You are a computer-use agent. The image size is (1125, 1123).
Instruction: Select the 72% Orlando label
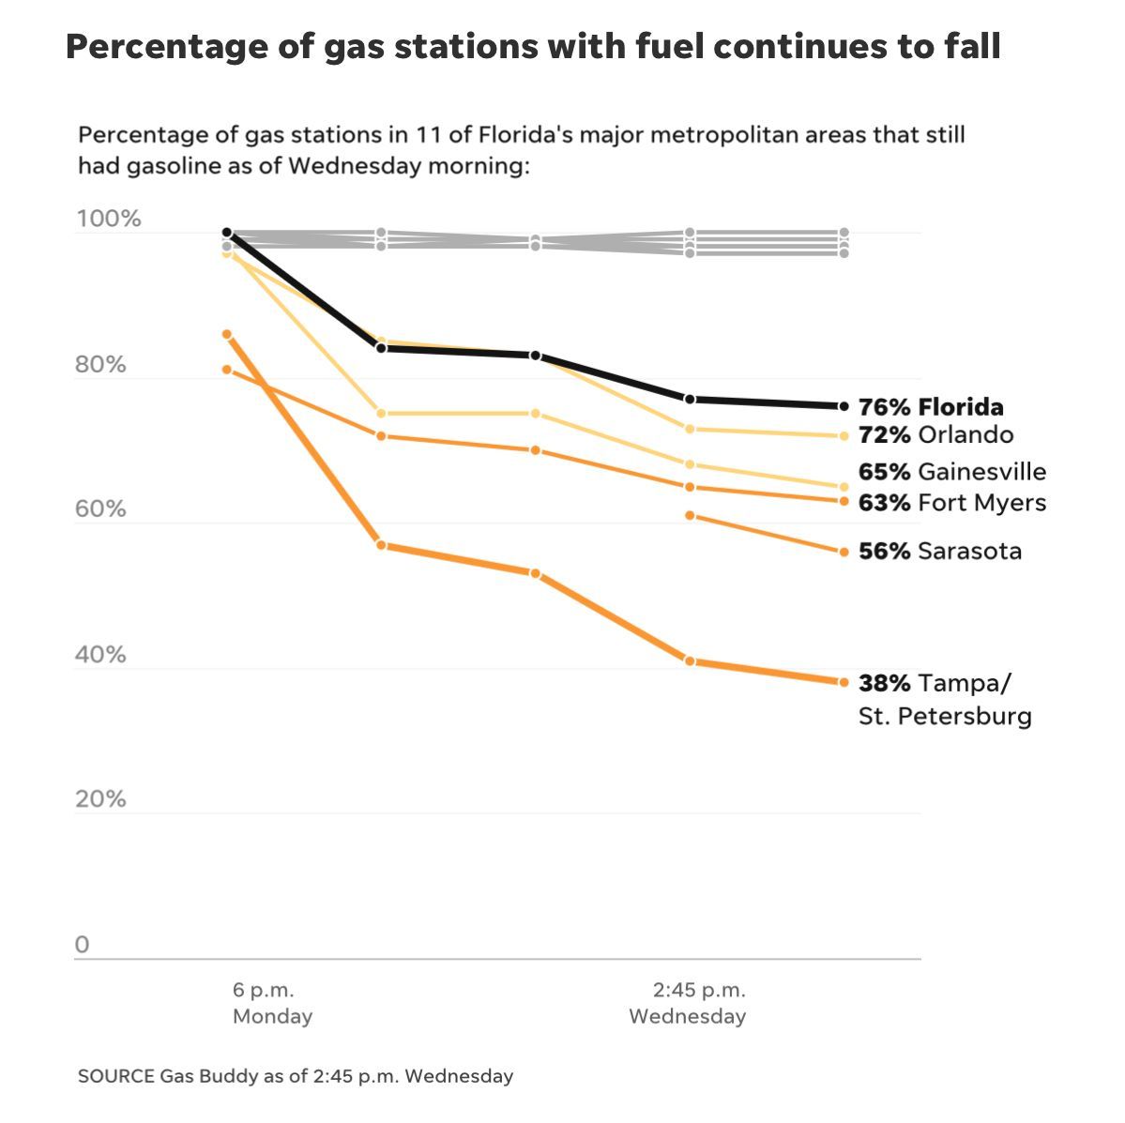click(935, 435)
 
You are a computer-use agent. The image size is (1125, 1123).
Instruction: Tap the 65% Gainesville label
click(951, 472)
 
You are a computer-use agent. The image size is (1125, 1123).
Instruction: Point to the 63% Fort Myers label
click(951, 503)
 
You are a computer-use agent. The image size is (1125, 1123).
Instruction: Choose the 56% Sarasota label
click(939, 552)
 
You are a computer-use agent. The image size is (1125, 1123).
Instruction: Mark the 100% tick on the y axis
click(108, 220)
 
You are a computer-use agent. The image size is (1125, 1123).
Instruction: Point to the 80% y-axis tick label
click(100, 365)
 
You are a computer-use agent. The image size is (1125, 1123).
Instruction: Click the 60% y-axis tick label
click(100, 509)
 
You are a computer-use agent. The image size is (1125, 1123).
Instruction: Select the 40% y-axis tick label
click(100, 655)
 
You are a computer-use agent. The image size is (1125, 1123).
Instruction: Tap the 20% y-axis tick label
click(100, 799)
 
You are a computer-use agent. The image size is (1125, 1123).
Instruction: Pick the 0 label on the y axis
click(83, 945)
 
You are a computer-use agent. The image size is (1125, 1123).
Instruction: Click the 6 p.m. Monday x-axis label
click(272, 1004)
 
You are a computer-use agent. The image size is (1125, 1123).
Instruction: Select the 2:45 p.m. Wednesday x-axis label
click(688, 1004)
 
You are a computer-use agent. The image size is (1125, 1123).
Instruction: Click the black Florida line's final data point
click(844, 406)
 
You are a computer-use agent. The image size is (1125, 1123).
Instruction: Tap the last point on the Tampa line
click(844, 682)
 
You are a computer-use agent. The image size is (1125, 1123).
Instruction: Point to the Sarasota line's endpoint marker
click(844, 552)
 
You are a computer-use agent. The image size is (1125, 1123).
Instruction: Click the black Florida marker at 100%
click(227, 233)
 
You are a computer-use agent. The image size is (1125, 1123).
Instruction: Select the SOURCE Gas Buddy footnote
click(296, 1076)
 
